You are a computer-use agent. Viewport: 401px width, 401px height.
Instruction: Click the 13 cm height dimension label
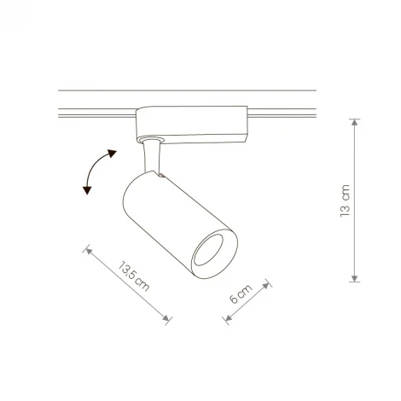point(345,202)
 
